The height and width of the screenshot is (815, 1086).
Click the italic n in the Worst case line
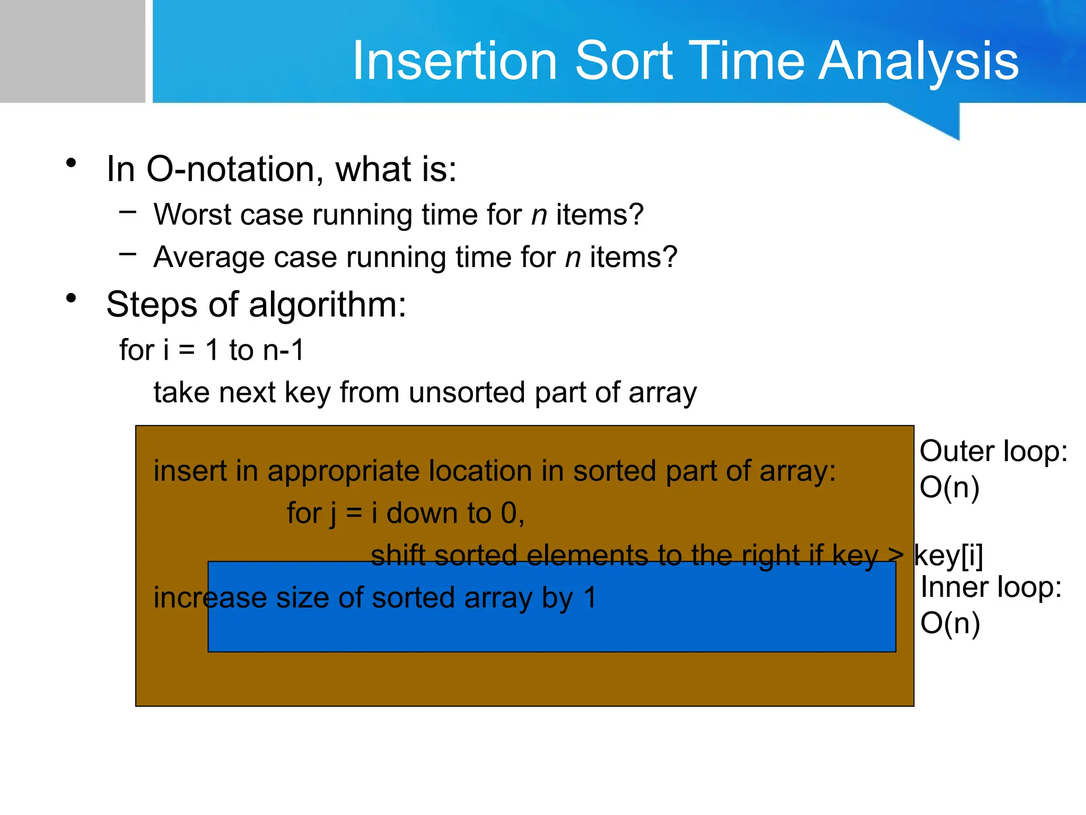pyautogui.click(x=539, y=218)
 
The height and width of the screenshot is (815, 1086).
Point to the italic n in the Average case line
pyautogui.click(x=573, y=260)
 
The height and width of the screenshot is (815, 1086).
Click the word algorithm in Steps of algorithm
pyautogui.click(x=327, y=306)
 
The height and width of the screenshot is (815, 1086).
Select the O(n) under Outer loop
pyautogui.click(x=949, y=488)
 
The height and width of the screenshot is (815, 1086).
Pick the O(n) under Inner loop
pyautogui.click(x=950, y=623)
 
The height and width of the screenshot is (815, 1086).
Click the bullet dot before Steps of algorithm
pyautogui.click(x=72, y=299)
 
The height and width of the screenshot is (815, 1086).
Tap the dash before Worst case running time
pyautogui.click(x=128, y=212)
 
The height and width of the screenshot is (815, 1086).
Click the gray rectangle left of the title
pyautogui.click(x=73, y=51)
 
